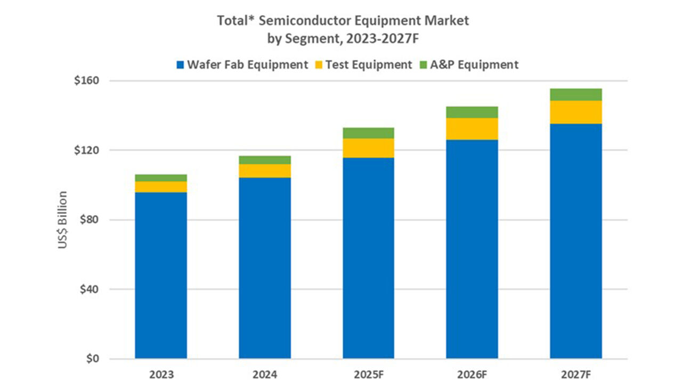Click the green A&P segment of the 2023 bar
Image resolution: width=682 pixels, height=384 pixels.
coord(161,178)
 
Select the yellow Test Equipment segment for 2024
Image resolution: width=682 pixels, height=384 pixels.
coord(265,171)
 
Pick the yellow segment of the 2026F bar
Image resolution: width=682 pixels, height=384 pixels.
coord(472,129)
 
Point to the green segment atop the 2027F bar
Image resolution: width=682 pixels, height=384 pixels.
coord(576,94)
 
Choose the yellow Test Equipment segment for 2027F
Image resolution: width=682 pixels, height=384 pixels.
coord(576,112)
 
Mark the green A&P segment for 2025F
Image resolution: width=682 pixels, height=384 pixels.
coord(368,133)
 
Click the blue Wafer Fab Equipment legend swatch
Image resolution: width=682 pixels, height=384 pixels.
coord(180,65)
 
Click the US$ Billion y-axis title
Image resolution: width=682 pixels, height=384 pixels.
coord(63,219)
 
